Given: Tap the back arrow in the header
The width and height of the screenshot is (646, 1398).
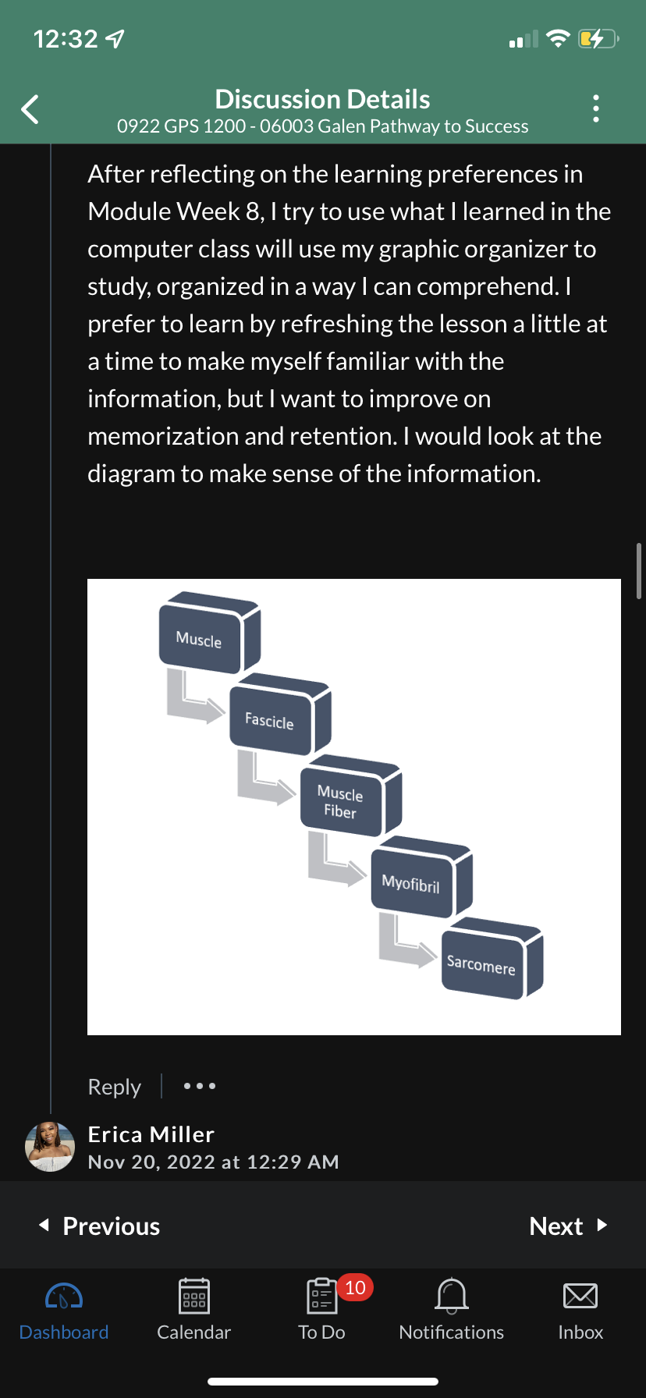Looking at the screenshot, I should pos(30,109).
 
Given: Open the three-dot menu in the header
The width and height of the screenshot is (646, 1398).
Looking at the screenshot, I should pos(596,108).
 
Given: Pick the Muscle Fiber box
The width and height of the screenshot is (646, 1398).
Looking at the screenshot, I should pos(341,801).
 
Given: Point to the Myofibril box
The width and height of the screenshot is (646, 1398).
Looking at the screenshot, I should pos(411,883).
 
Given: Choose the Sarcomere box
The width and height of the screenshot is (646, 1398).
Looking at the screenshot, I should pos(481,965).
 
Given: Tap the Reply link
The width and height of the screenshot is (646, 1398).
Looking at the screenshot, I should pos(115,1087).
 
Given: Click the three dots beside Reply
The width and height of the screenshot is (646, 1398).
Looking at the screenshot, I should pos(200,1086).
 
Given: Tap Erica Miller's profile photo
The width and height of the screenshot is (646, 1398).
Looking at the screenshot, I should pos(50,1147).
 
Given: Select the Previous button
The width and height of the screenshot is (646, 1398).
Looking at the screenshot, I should pos(100,1226).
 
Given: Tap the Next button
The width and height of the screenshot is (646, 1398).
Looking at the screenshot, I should pos(567,1226).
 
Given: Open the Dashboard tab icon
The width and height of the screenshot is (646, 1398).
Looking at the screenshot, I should pos(64,1297).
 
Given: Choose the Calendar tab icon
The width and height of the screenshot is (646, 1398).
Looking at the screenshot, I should pos(193,1297).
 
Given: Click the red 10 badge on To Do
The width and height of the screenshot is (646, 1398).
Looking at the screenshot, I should pos(355,1287).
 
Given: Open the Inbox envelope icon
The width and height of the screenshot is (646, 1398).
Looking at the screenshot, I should pos(580,1297).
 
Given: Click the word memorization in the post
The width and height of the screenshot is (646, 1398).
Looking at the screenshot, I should pos(163,436).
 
